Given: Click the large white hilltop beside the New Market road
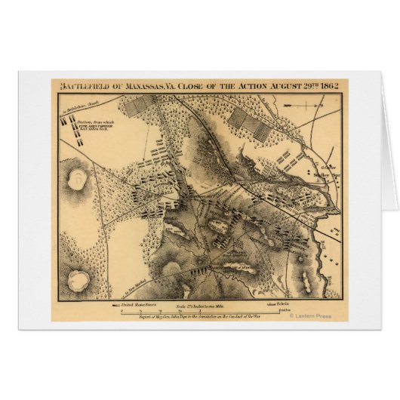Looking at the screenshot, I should (x=78, y=279).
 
